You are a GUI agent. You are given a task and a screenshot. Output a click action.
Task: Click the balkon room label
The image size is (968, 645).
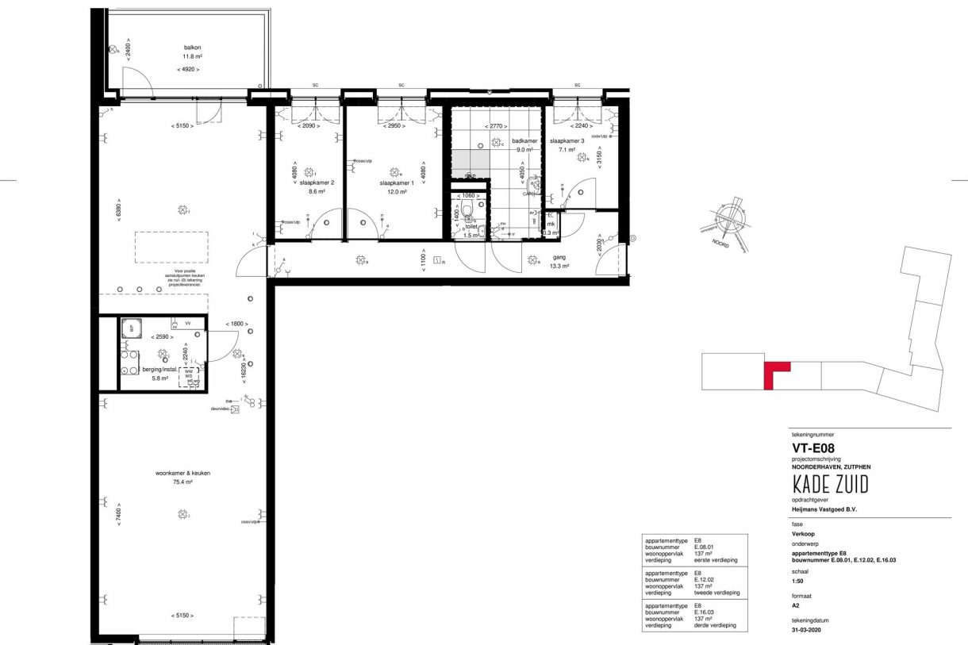[188, 47]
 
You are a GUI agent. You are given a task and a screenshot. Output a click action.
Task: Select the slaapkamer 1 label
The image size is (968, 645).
[397, 182]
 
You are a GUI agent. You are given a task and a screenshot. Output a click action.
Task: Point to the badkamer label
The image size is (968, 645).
[525, 141]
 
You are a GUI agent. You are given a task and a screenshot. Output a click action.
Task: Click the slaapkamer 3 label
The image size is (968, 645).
[567, 141]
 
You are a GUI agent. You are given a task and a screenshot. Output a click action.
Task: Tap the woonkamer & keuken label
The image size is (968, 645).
[182, 473]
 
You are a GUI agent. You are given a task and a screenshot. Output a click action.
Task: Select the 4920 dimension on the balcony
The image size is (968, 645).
[188, 70]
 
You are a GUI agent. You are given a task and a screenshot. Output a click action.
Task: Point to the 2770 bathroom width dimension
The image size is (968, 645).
[497, 126]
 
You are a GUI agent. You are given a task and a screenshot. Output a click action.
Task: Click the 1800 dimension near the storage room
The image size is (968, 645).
[236, 324]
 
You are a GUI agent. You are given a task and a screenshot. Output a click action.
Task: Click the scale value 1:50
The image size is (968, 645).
[799, 579]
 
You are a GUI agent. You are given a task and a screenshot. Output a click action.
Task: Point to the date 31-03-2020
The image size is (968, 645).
[810, 631]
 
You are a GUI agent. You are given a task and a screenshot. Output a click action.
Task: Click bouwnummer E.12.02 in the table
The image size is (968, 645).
[706, 580]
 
